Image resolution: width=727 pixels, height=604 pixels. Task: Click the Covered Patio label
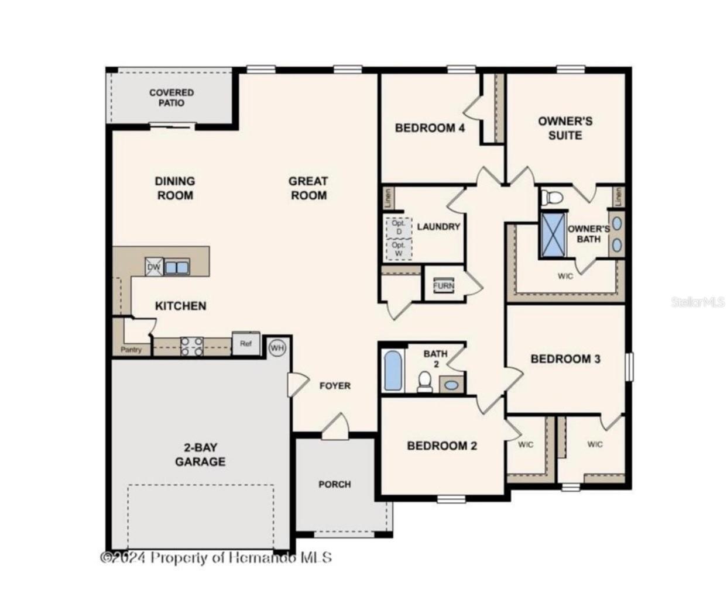[171, 98]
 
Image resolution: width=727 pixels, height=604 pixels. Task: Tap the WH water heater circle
[277, 348]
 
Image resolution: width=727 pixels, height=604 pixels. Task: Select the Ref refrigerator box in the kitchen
[246, 344]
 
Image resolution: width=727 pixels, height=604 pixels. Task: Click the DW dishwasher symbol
[154, 267]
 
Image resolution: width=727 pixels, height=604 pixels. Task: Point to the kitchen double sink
[177, 267]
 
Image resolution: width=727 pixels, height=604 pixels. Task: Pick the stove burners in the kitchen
[191, 346]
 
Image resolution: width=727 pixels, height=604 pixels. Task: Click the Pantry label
[131, 350]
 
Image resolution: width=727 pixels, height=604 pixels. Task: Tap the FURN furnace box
[443, 285]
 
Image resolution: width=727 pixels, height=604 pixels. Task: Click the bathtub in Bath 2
[392, 370]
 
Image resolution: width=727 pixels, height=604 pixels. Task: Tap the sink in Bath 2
[451, 385]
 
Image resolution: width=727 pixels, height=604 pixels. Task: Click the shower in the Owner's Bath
[553, 235]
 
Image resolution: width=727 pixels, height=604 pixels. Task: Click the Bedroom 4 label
[430, 127]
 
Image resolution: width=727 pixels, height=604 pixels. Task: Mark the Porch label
[335, 484]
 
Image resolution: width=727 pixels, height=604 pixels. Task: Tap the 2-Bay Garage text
[200, 454]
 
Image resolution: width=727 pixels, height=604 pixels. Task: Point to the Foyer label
[335, 386]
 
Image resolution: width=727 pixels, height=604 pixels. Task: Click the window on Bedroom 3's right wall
[629, 367]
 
